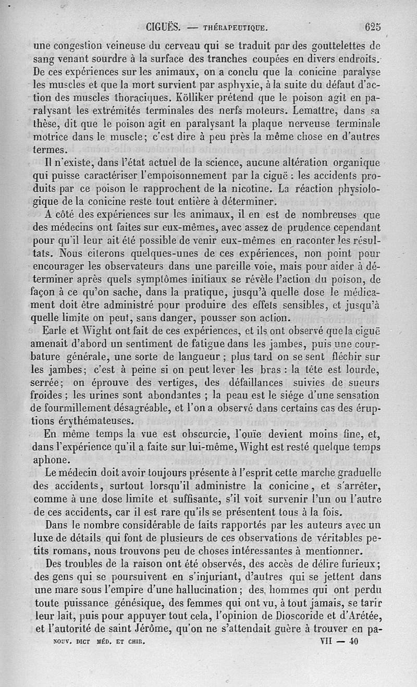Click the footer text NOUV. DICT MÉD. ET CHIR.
tap(99, 643)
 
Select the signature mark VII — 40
tap(338, 643)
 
